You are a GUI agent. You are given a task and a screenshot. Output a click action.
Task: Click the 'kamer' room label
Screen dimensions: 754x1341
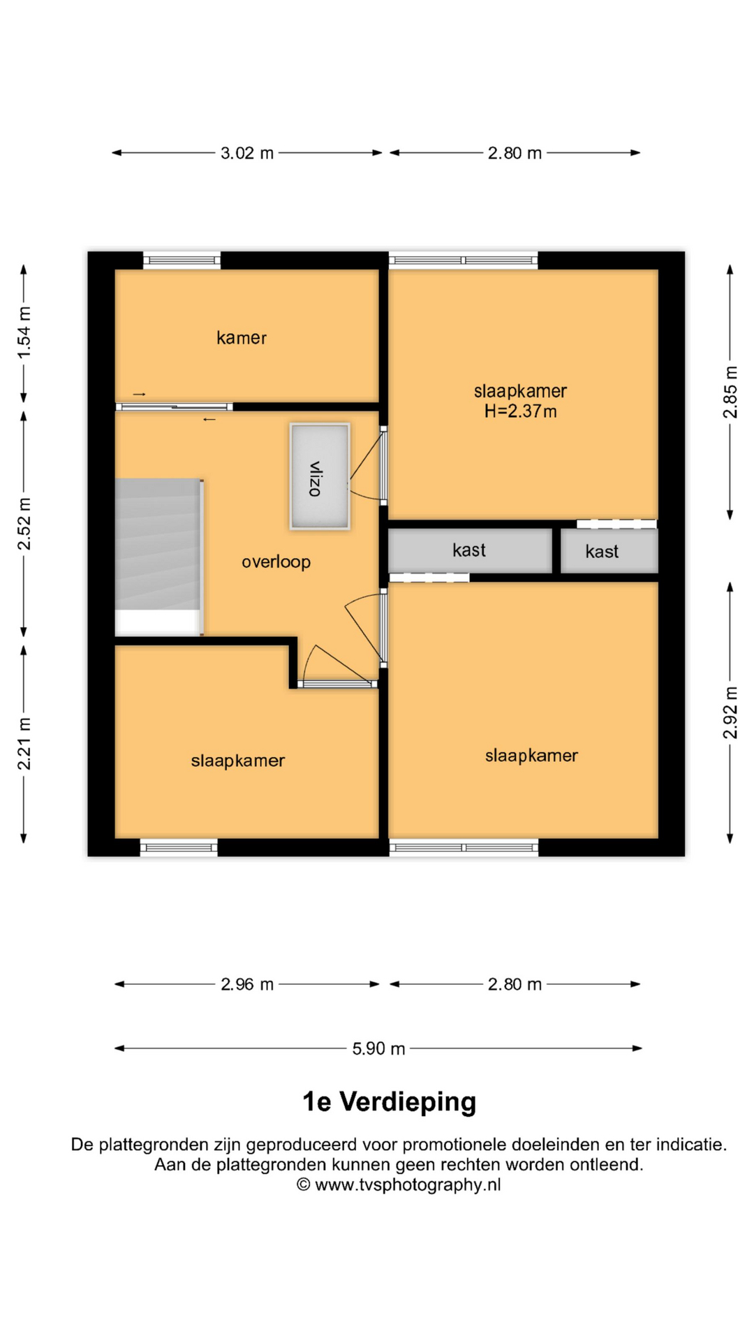tap(241, 338)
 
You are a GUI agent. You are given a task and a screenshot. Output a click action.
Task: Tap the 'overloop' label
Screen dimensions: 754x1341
tap(276, 562)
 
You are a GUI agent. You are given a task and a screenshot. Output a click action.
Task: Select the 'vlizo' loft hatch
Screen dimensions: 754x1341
tap(320, 476)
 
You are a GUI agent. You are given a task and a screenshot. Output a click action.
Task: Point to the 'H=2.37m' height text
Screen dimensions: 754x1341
tap(521, 411)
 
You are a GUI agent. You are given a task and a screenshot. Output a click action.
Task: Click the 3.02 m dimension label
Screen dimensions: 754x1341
tap(247, 153)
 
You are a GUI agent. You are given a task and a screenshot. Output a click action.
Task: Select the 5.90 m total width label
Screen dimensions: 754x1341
tap(378, 1048)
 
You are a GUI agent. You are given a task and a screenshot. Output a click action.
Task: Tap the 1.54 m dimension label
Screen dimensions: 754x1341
tap(24, 333)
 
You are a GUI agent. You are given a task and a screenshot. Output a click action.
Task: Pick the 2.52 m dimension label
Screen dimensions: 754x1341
tap(24, 524)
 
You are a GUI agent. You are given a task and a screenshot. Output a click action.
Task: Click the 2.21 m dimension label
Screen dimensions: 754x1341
tap(24, 744)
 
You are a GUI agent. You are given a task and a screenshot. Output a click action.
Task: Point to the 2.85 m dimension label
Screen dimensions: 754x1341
tap(730, 393)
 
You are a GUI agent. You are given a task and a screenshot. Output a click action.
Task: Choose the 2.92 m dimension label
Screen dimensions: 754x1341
tap(730, 712)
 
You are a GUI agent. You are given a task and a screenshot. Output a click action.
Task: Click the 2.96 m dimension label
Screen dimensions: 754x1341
tap(247, 984)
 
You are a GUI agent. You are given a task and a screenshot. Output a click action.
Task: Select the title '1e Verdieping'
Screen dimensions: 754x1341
tap(389, 1101)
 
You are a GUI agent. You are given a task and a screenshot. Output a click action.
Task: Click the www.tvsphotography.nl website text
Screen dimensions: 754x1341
tap(408, 1185)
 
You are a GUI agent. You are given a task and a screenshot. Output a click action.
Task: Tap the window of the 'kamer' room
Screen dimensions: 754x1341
tap(182, 261)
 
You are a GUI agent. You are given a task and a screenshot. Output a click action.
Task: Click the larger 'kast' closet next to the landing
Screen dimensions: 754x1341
tap(470, 550)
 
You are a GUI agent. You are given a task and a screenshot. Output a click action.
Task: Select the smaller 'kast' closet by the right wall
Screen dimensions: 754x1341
tap(609, 551)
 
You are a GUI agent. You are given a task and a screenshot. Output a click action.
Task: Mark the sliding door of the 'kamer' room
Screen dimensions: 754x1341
tap(175, 406)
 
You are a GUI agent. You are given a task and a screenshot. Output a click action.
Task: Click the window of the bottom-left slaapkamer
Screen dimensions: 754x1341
tap(179, 848)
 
